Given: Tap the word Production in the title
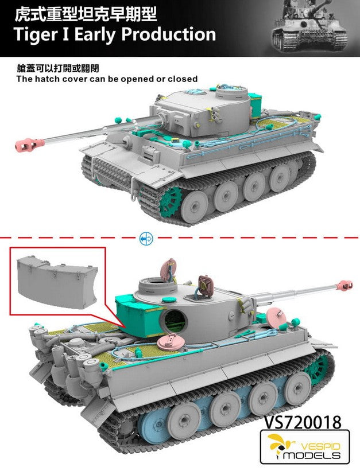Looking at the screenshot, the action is tap(169, 34).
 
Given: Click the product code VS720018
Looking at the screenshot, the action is tap(303, 422).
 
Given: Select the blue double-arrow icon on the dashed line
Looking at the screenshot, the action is tap(146, 239).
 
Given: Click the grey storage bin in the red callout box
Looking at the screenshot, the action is tap(57, 280).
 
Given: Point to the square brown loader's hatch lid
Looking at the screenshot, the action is tap(205, 283).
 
